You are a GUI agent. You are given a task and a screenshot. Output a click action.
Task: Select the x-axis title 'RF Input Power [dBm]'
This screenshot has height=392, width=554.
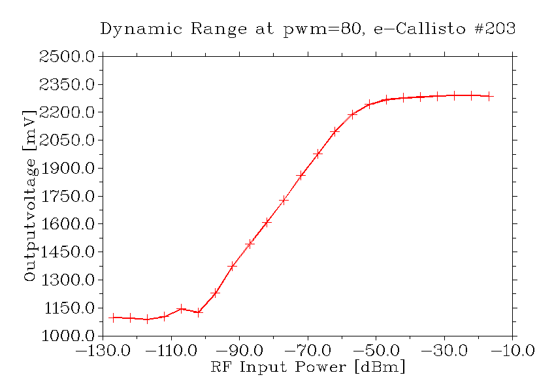pos(308,367)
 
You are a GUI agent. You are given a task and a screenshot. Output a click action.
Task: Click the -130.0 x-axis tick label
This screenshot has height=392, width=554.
pos(103,351)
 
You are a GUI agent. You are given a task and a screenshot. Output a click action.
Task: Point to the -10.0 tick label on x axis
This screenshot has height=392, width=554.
pos(513,351)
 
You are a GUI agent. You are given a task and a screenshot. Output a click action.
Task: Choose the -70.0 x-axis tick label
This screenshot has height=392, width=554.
pos(308,351)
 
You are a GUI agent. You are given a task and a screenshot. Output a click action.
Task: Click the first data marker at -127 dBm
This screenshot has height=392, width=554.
pos(113,318)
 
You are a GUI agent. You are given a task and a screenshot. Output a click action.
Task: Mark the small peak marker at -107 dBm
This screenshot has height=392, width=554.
pos(182,308)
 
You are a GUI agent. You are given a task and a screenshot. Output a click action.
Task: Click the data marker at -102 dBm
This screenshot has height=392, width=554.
pos(199,312)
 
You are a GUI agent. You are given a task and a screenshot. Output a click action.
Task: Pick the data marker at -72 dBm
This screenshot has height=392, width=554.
pos(301,175)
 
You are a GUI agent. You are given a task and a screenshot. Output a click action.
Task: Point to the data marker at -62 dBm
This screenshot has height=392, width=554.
pos(335,131)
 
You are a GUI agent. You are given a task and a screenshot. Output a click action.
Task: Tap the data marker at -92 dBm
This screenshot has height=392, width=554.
pos(233,267)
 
